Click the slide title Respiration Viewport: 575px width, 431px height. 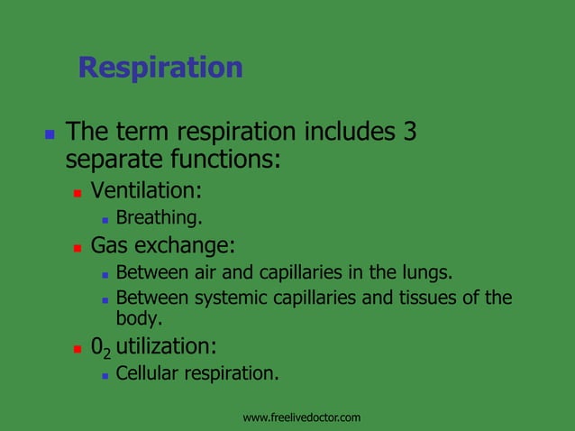click(160, 68)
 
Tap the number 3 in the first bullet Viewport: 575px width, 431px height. click(409, 133)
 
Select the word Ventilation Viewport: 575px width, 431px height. click(144, 191)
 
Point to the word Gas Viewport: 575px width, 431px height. click(110, 245)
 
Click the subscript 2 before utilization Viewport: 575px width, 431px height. click(106, 352)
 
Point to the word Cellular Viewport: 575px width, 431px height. click(148, 373)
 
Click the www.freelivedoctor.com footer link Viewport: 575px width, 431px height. click(302, 417)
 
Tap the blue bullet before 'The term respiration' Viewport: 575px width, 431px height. click(50, 133)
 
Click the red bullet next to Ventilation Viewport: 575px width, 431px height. click(78, 192)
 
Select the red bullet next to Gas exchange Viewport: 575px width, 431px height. click(78, 246)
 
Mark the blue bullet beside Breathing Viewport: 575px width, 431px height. click(105, 219)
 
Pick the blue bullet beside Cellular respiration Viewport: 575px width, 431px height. click(105, 374)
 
